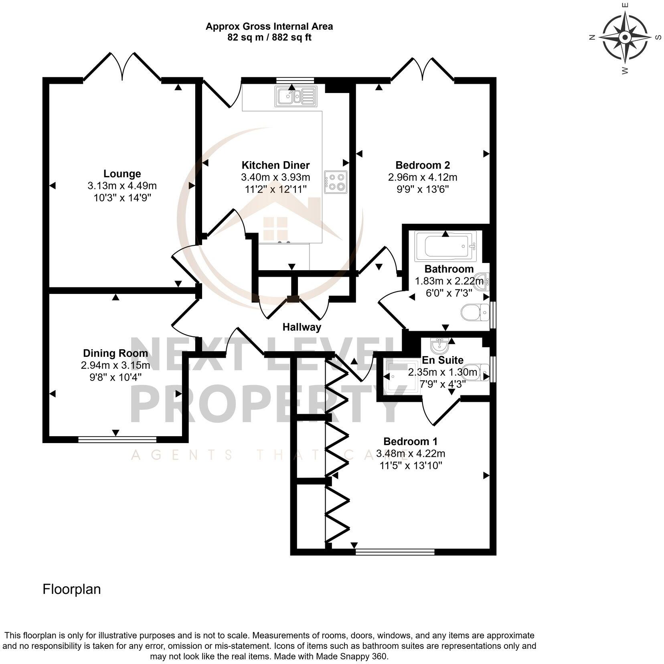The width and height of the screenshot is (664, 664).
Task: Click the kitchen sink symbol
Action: (x=296, y=96)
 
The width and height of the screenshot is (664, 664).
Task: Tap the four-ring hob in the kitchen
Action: (x=336, y=182)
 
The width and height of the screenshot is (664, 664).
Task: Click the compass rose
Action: (x=625, y=38)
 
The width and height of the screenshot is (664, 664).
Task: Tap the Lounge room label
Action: (x=122, y=174)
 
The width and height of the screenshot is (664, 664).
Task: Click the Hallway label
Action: (x=302, y=327)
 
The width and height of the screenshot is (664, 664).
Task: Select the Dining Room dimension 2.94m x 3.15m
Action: (x=115, y=365)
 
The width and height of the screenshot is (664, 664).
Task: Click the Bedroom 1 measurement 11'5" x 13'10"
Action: (x=411, y=466)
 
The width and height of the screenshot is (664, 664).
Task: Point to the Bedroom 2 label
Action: (x=422, y=165)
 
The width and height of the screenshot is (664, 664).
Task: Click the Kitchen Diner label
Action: (x=275, y=165)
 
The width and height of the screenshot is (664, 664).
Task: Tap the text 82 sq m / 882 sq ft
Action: (x=269, y=38)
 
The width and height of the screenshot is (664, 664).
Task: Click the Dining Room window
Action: (x=117, y=440)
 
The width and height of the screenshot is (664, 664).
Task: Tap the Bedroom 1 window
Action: (x=395, y=552)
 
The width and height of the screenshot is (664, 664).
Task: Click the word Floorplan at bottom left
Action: (x=72, y=589)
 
